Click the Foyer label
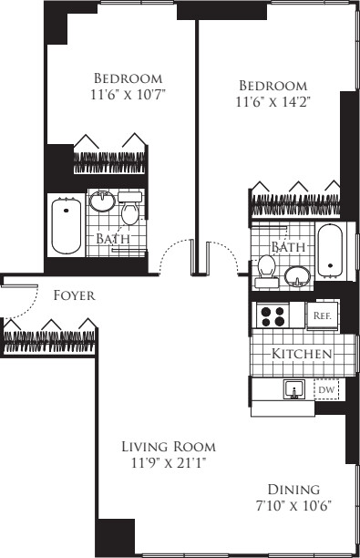click(75, 295)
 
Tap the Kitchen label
click(302, 354)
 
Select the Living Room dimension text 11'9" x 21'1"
click(169, 463)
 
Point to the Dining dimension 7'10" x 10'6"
click(293, 506)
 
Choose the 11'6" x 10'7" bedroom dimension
click(129, 95)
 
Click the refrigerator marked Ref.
click(323, 315)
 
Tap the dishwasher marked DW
click(326, 389)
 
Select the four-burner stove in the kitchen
click(273, 315)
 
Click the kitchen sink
click(294, 389)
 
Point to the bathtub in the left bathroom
click(67, 225)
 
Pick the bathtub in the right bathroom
click(331, 251)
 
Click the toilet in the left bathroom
click(130, 209)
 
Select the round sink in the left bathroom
click(102, 201)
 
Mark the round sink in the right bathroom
click(297, 276)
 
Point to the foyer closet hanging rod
click(49, 342)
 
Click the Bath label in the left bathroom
click(113, 239)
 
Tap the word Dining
click(293, 490)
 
